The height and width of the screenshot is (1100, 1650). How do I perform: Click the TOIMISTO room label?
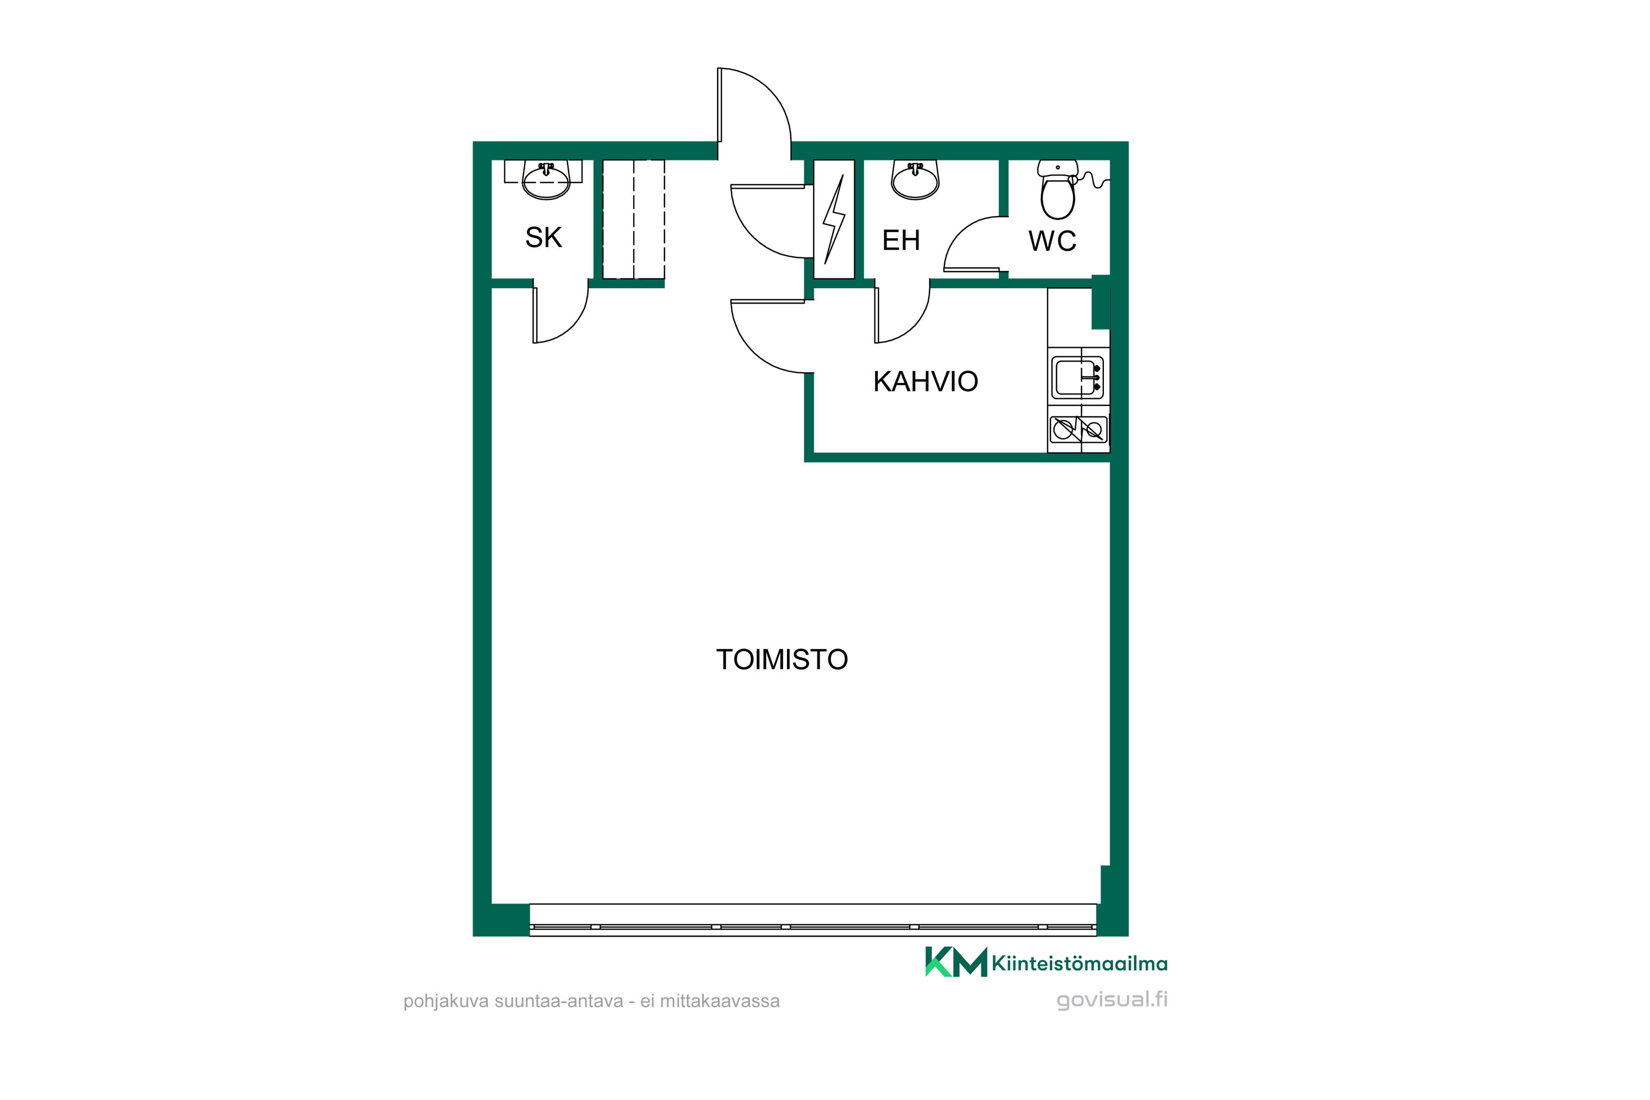[782, 659]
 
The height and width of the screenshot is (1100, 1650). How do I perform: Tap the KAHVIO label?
[925, 382]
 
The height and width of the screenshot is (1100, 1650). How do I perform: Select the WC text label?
[1052, 241]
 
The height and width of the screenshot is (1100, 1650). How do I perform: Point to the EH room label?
[901, 240]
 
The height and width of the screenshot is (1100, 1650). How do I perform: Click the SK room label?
[544, 237]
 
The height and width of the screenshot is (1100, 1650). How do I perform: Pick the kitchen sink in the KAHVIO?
[1077, 377]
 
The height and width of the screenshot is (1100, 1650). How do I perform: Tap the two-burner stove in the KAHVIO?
[1078, 430]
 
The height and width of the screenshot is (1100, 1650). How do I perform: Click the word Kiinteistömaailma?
[1080, 964]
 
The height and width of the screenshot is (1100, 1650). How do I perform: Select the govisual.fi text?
[1112, 1000]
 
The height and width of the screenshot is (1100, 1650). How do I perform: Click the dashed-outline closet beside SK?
[634, 219]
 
